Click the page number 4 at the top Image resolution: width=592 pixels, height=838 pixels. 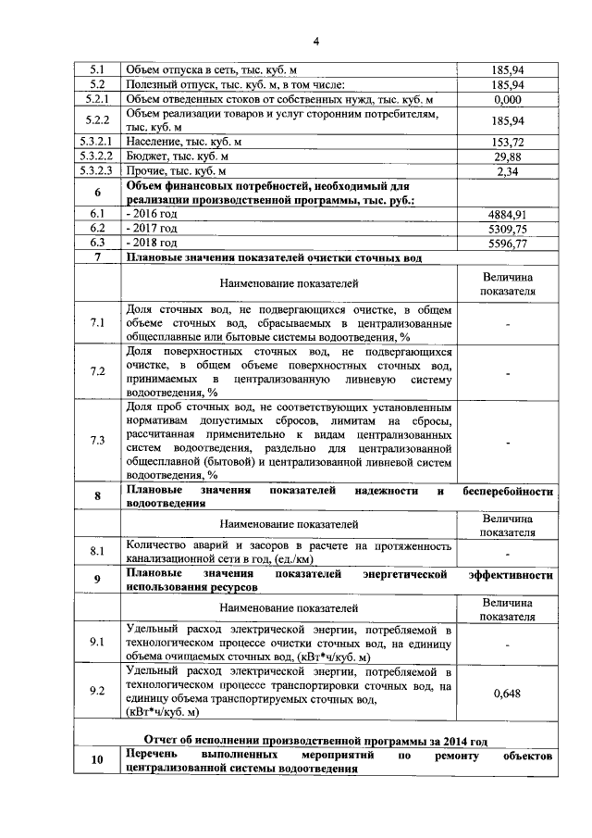pos(315,42)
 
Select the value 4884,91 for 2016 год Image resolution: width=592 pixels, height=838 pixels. pos(508,214)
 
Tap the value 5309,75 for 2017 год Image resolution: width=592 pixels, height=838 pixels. pos(508,228)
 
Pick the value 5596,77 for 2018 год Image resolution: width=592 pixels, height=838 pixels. pos(508,243)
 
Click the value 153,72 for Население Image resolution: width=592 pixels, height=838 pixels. pos(508,142)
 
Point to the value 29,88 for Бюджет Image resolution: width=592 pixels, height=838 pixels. pos(508,156)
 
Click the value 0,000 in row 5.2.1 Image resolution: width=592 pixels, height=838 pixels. pos(508,99)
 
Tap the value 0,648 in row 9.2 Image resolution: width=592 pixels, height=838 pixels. pos(508,692)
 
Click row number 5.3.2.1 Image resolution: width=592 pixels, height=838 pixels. pos(97,142)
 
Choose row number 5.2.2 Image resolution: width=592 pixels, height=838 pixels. pos(97,120)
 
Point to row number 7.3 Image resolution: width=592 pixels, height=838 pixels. pos(97,440)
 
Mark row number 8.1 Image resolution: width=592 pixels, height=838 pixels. pos(97,552)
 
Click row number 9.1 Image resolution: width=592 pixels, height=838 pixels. pos(97,641)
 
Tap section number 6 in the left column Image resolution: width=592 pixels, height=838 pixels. pos(97,192)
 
